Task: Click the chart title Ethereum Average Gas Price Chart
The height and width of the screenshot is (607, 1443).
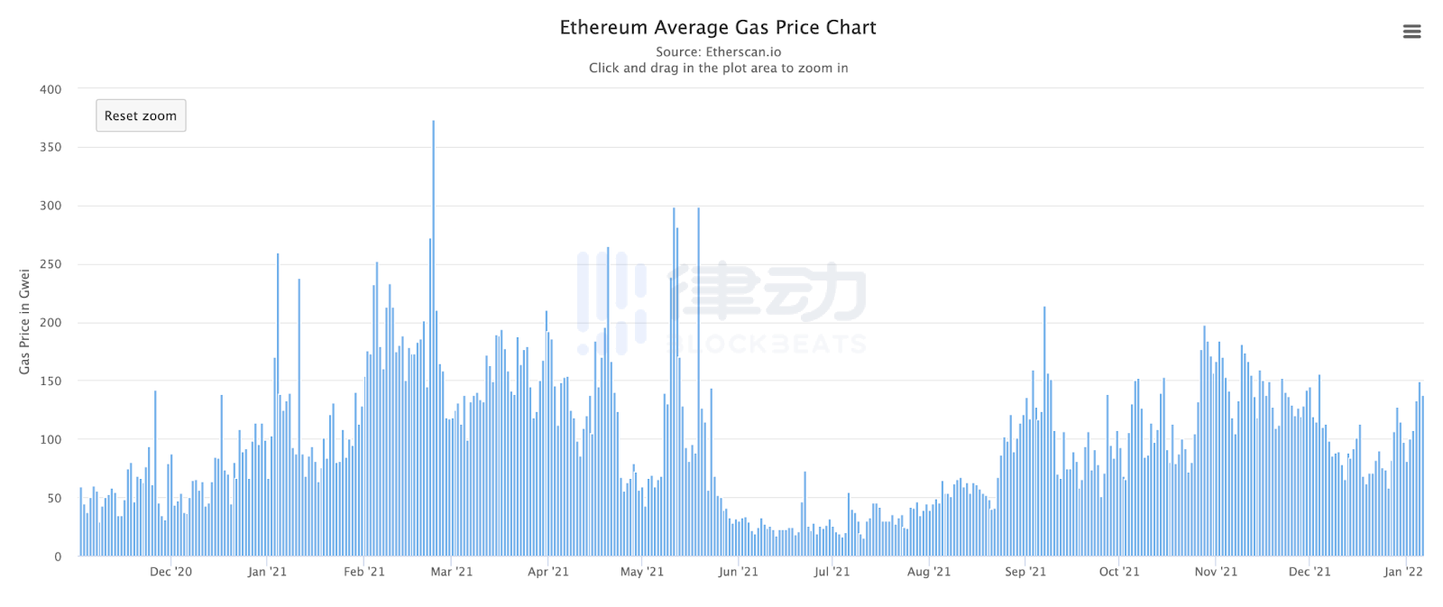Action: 718,28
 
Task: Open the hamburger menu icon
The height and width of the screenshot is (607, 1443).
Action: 1411,32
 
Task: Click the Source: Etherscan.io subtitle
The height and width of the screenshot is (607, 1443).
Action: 718,52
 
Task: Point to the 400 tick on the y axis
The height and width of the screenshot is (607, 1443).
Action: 51,89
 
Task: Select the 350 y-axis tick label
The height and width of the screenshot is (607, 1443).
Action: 51,147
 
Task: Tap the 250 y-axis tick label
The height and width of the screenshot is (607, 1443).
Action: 51,264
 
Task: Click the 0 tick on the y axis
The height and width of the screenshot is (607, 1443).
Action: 58,556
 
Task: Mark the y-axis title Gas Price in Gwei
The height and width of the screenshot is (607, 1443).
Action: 24,322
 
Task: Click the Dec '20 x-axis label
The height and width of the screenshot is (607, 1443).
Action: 170,572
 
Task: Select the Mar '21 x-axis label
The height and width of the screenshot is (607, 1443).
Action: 451,572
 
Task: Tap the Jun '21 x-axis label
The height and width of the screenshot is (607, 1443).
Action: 738,572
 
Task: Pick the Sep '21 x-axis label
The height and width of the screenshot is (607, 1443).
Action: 1025,572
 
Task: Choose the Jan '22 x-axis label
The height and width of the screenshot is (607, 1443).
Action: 1403,572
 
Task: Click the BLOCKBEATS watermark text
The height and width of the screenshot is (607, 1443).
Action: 767,345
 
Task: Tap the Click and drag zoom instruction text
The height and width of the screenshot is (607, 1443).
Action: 718,69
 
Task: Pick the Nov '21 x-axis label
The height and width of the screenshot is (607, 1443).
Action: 1216,572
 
